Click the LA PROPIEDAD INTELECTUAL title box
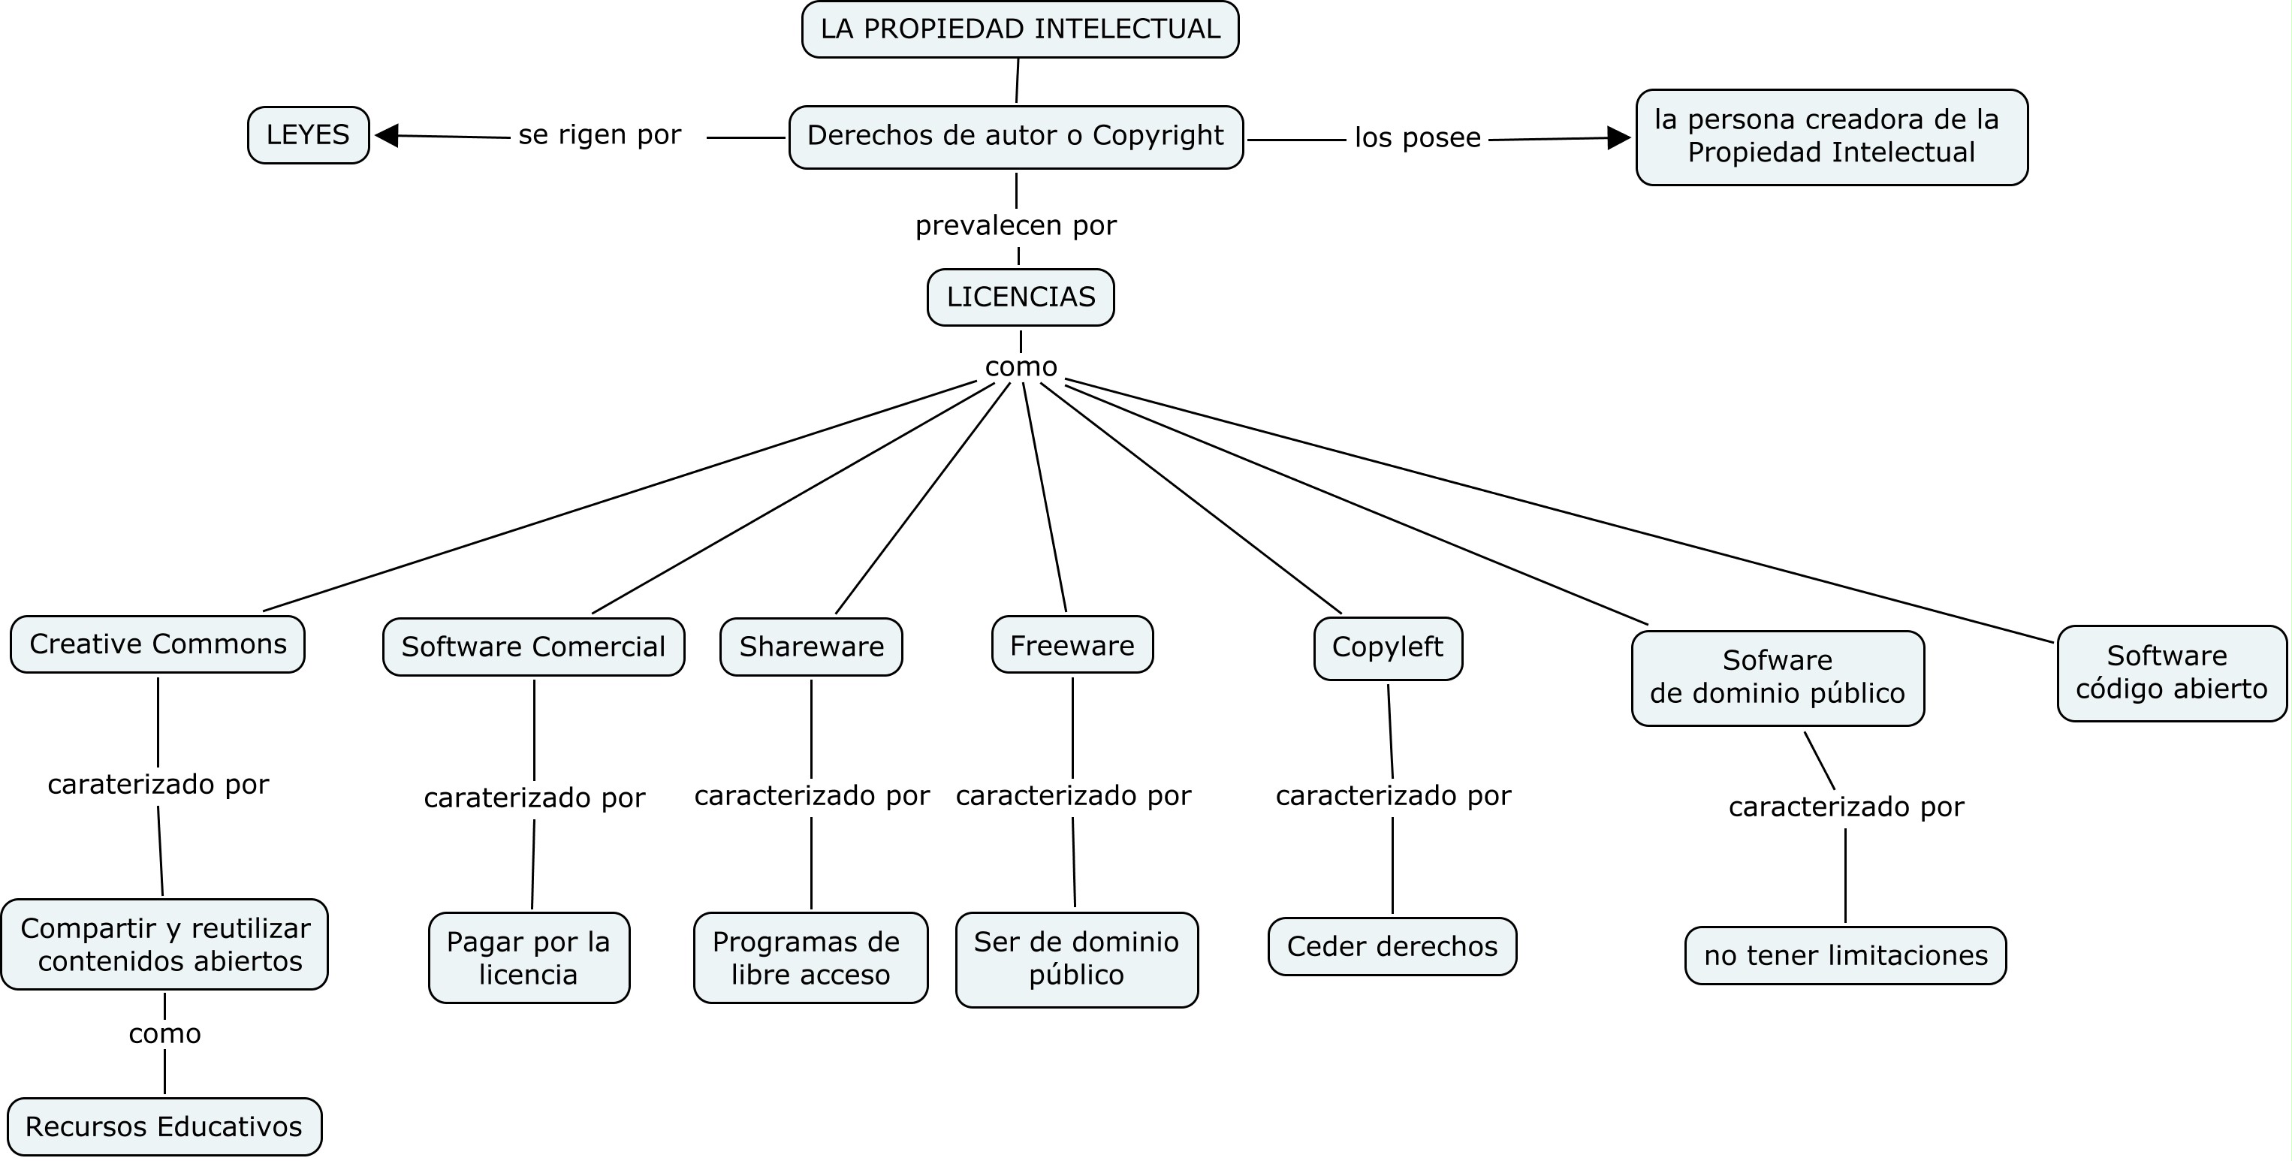click(x=1020, y=29)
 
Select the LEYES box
click(x=308, y=135)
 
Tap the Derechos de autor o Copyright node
click(x=1015, y=137)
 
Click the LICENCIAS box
click(x=1021, y=297)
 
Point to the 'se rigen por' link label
click(x=600, y=135)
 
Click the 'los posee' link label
click(x=1417, y=138)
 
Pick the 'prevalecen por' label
click(x=1015, y=226)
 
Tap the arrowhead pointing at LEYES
click(x=387, y=136)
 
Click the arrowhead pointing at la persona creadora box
click(x=1618, y=138)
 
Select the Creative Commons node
click(x=158, y=644)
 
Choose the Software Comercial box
click(x=533, y=647)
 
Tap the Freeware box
click(x=1072, y=645)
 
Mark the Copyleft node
click(x=1387, y=647)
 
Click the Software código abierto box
click(x=2171, y=673)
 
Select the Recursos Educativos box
click(x=164, y=1126)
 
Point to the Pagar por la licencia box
click(x=529, y=957)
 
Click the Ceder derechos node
click(x=1392, y=945)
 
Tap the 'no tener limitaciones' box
click(x=1845, y=955)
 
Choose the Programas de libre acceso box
click(x=810, y=957)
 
